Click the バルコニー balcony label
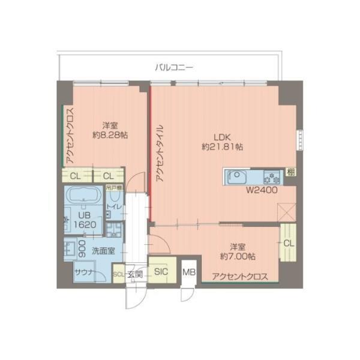173,67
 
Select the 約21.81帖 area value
222,146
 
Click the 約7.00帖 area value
238,256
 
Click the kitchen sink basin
235,178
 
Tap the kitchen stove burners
273,178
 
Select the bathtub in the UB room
84,196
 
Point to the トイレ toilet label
113,207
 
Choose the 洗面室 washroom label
103,252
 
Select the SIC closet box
161,271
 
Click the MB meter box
189,272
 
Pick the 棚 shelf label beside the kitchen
291,173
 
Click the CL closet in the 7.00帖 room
288,243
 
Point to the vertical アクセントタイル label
159,154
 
